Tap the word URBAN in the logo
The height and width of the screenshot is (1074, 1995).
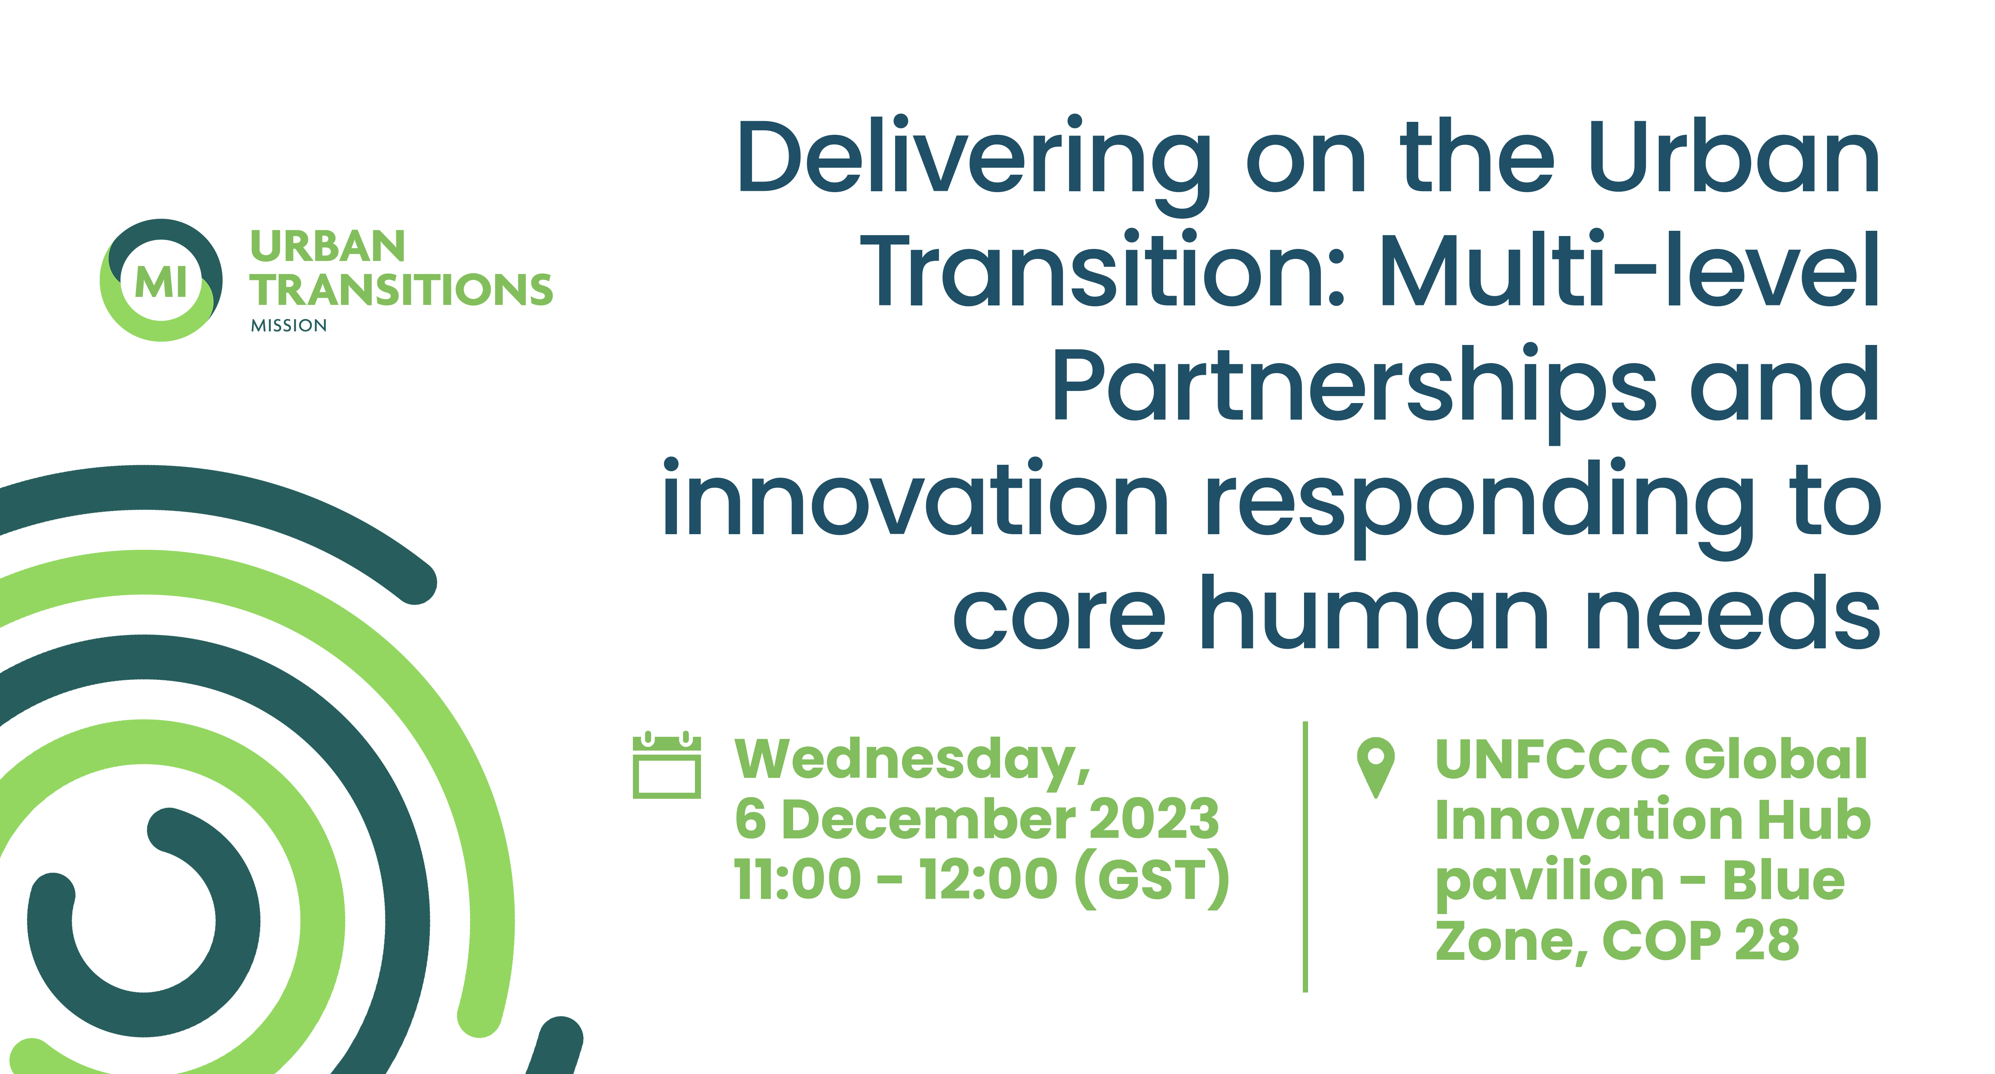tap(328, 247)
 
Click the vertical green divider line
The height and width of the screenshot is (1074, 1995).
tap(1306, 857)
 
